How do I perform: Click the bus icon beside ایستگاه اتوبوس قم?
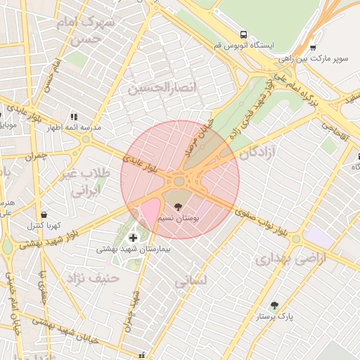pyautogui.click(x=243, y=34)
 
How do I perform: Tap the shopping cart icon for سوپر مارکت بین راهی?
pyautogui.click(x=313, y=48)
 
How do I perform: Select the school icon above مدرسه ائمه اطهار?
pyautogui.click(x=73, y=117)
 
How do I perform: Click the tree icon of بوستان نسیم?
pyautogui.click(x=177, y=207)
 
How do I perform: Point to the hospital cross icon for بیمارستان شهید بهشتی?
pyautogui.click(x=134, y=238)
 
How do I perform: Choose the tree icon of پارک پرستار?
pyautogui.click(x=274, y=306)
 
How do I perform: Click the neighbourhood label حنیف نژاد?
pyautogui.click(x=93, y=278)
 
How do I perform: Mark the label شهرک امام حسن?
pyautogui.click(x=96, y=30)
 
